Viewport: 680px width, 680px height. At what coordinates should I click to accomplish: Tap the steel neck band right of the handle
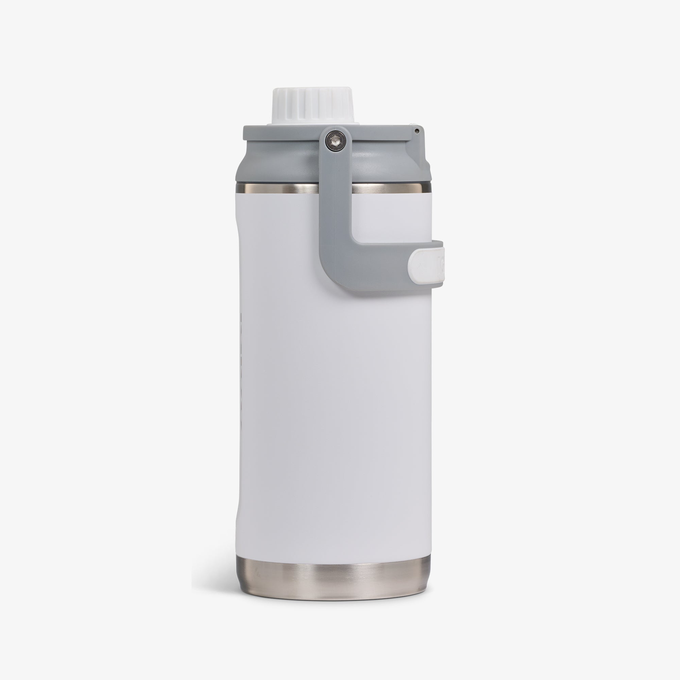pyautogui.click(x=387, y=188)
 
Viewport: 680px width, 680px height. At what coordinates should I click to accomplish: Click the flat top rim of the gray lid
pyautogui.click(x=282, y=132)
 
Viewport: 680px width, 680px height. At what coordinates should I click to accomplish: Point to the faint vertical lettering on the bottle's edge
pyautogui.click(x=241, y=352)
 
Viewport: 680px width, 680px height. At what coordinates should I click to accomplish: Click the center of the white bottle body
pyautogui.click(x=334, y=387)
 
